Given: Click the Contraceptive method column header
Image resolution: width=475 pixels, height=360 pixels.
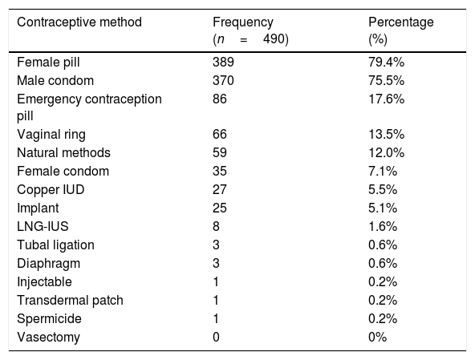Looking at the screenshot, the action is pos(79,22).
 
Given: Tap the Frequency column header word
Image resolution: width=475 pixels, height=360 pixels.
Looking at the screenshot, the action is pos(243,22).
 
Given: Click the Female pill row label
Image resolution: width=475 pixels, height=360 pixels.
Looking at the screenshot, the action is pos(48,63).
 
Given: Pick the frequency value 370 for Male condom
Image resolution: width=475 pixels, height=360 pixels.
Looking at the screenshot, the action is pos(223,80).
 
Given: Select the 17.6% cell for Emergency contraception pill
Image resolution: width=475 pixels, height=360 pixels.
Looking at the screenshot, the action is pos(386,99).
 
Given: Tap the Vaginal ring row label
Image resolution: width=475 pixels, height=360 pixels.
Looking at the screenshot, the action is pos(51,135).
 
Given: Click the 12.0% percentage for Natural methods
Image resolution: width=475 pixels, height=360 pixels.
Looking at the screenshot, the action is pos(386,152).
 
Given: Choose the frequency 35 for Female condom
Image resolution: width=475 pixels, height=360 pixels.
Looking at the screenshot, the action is pos(220,171).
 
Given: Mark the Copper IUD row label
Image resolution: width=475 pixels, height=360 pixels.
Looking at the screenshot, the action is pos(51,190).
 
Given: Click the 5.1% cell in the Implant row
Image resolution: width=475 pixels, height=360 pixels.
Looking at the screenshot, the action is pos(383,208).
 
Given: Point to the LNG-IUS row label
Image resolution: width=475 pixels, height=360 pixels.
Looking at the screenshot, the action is pos(43,226).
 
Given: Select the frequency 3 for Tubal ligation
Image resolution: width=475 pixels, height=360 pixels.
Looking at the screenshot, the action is pos(216,245).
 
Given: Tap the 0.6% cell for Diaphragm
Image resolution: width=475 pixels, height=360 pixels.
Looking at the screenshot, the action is pos(383,264).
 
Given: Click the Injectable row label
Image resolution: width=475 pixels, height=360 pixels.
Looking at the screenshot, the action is pos(45,282).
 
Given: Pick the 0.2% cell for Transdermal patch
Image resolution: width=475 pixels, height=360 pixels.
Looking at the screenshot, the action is pos(383,301).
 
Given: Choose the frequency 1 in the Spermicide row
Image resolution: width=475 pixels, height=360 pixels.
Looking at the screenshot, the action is pos(216,319).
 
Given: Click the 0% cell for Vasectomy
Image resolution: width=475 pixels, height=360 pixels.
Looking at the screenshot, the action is pos(377,338).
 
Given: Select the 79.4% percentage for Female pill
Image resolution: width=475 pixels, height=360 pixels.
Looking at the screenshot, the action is pos(386,62).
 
